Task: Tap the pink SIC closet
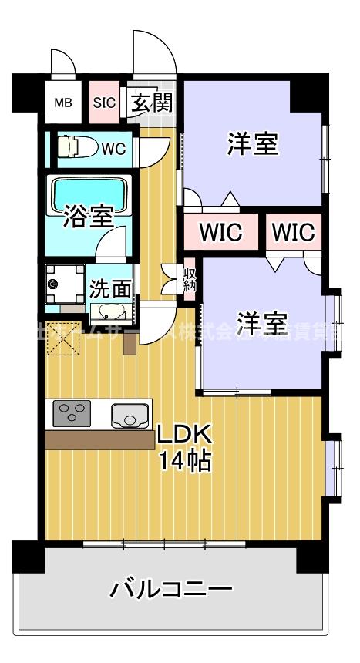(x=104, y=102)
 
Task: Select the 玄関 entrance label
(x=150, y=102)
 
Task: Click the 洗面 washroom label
(x=109, y=288)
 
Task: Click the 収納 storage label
(x=190, y=281)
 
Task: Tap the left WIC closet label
(x=221, y=231)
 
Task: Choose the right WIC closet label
(x=293, y=231)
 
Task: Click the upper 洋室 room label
(x=252, y=144)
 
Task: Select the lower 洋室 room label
(x=262, y=320)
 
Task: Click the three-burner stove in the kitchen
(x=72, y=414)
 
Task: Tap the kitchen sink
(x=130, y=415)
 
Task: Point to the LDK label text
(x=184, y=436)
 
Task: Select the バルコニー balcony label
(x=170, y=591)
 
